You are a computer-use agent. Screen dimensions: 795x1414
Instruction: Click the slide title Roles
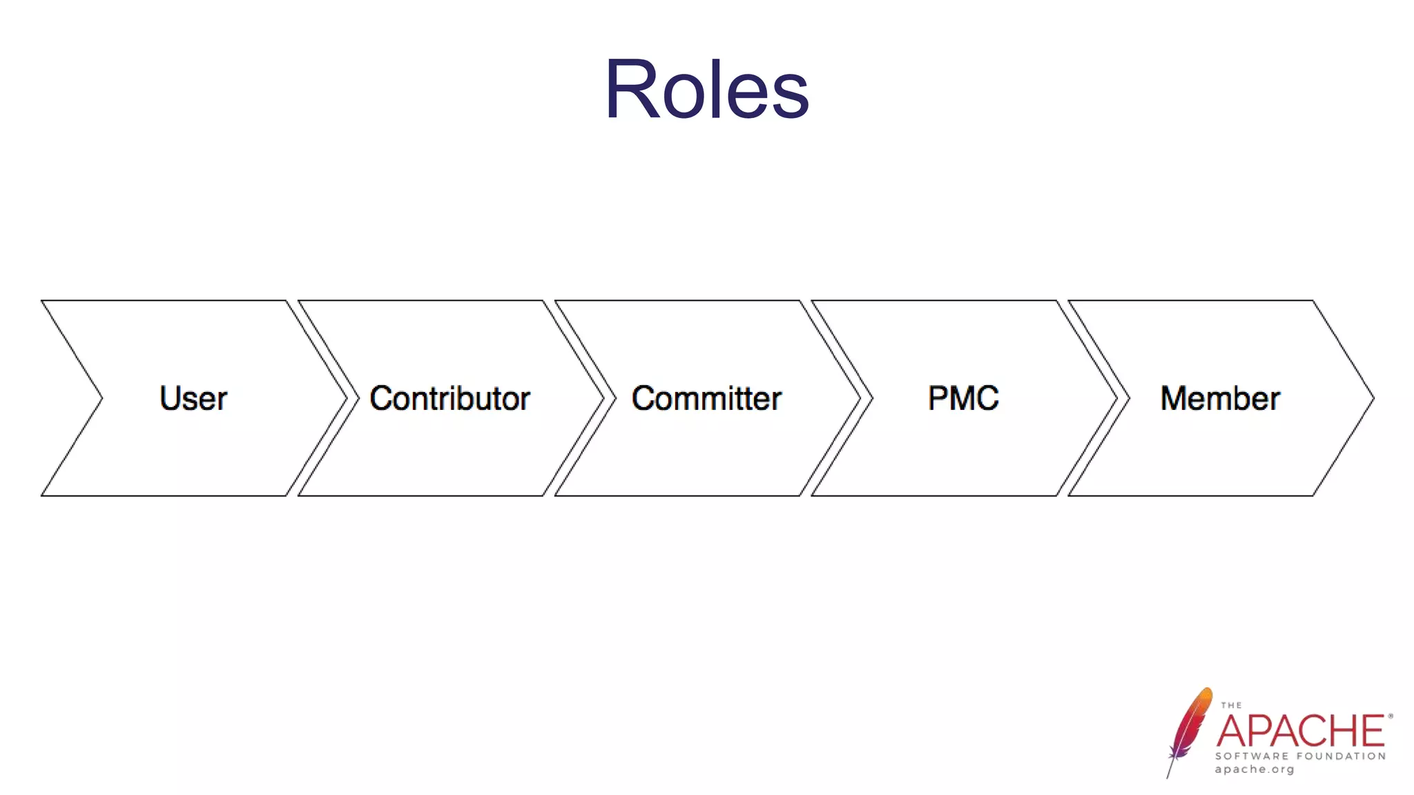point(706,90)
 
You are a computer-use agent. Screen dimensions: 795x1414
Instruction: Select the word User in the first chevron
point(193,398)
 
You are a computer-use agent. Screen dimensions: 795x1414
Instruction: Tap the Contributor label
point(449,398)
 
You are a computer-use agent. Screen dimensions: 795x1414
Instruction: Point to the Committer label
point(706,398)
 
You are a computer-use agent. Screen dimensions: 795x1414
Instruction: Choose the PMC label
point(963,398)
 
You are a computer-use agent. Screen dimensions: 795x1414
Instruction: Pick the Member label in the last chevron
point(1220,398)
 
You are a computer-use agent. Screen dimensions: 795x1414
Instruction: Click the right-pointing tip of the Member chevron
point(1372,398)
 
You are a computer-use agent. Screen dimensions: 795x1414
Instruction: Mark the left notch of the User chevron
point(101,398)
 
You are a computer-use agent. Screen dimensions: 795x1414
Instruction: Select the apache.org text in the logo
point(1255,769)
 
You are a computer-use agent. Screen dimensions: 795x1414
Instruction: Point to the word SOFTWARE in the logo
point(1252,756)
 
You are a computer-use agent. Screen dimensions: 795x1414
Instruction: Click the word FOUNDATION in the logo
point(1342,756)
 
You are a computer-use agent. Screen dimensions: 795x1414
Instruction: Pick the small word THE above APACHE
point(1231,705)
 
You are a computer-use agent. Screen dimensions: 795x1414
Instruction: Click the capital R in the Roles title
point(629,90)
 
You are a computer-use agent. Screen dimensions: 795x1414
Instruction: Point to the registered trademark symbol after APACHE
point(1390,716)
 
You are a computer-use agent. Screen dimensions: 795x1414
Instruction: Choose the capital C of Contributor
point(382,398)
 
